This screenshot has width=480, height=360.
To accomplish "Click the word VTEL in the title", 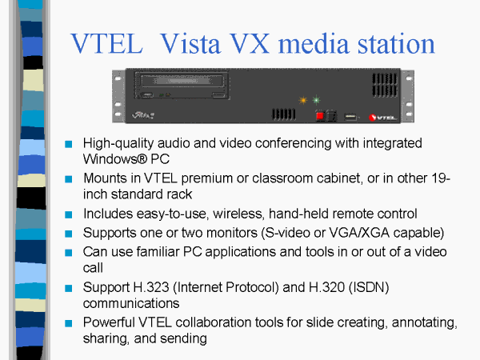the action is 106,43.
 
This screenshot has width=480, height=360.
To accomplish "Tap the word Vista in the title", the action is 190,43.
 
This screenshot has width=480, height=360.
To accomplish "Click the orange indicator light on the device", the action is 302,100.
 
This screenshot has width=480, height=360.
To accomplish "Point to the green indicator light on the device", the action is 316,100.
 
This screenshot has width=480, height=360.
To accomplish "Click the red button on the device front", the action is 320,116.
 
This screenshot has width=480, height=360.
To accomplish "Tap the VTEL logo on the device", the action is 383,118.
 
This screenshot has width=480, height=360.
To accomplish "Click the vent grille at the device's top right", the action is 385,85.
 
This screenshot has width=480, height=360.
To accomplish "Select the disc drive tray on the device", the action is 182,81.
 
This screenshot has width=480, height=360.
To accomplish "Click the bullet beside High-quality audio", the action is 69,144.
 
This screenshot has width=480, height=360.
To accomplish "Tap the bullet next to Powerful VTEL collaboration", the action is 69,323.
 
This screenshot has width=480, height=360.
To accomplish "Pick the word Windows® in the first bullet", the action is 115,159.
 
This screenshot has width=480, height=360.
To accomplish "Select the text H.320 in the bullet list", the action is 326,287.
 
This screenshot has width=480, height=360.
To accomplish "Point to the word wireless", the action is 238,214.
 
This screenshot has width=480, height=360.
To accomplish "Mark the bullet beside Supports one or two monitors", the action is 69,234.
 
